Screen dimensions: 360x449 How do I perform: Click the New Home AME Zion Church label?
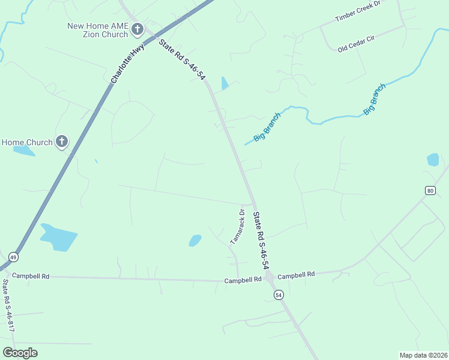pos(97,30)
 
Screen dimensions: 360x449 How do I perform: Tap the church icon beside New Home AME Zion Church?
pos(137,28)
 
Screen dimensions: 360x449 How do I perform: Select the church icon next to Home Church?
pos(61,142)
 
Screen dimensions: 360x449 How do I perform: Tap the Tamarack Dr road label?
pos(238,226)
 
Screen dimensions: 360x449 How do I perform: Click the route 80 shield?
pos(429,190)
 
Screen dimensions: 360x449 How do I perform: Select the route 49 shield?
pos(14,257)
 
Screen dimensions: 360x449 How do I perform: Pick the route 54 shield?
pos(278,295)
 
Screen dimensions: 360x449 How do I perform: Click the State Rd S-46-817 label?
pos(8,305)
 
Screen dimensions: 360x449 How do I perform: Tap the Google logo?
pos(20,353)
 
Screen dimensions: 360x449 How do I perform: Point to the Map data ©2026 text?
pos(423,355)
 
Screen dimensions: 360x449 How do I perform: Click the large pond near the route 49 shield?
pos(59,237)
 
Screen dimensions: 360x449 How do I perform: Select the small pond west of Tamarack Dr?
pos(194,241)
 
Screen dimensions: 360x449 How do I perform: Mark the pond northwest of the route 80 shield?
pos(433,160)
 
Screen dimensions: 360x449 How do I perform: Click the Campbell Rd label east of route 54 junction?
pos(296,275)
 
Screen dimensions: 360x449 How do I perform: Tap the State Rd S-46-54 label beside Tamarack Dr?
pos(260,240)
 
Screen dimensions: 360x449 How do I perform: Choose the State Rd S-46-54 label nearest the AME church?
pos(181,61)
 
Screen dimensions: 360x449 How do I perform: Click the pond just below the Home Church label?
pos(24,151)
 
